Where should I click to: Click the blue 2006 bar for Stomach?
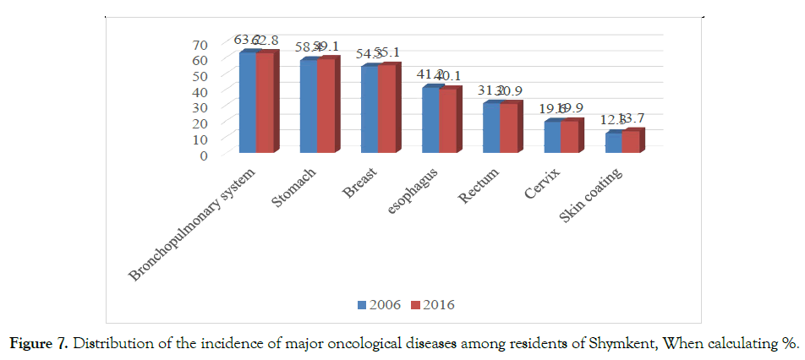pyautogui.click(x=309, y=106)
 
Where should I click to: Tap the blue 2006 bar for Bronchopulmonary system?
pyautogui.click(x=248, y=103)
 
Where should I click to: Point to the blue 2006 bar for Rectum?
pyautogui.click(x=491, y=128)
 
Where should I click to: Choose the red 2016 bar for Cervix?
pyautogui.click(x=569, y=137)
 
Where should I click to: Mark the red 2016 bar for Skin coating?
pyautogui.click(x=630, y=142)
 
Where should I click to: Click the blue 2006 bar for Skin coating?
pyautogui.click(x=613, y=143)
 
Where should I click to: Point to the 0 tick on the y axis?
pyautogui.click(x=203, y=155)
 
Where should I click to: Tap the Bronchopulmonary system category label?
pyautogui.click(x=194, y=224)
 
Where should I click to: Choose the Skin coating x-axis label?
pyautogui.click(x=593, y=195)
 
